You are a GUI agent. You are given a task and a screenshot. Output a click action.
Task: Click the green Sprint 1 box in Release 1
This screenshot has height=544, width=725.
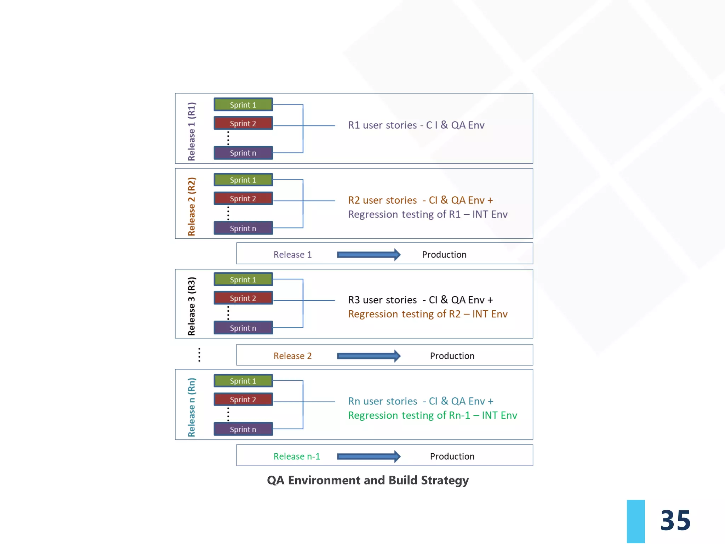tap(243, 105)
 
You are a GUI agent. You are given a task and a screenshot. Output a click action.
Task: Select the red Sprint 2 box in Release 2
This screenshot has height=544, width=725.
tap(243, 198)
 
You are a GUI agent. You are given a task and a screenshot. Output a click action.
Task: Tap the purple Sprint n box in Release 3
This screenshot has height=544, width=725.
tap(243, 328)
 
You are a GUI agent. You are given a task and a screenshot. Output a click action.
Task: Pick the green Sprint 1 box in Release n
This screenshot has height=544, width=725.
tap(243, 381)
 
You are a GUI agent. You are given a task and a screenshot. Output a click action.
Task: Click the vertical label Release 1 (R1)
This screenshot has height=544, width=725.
tap(192, 131)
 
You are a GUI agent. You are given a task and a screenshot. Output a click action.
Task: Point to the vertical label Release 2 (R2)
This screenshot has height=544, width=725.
tap(192, 206)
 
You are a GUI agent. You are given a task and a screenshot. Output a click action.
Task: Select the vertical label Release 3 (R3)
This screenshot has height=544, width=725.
tap(192, 306)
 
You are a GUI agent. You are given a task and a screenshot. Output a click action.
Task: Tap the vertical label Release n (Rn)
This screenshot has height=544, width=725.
tap(192, 407)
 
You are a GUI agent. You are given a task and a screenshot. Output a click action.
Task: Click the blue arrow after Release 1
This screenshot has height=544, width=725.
tap(369, 255)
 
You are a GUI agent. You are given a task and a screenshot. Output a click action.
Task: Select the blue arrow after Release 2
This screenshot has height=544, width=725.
tap(369, 356)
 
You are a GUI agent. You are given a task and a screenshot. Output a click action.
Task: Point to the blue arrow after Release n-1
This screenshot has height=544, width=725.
tap(369, 457)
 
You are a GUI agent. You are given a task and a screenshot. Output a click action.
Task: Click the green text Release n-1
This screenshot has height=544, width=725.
tap(297, 457)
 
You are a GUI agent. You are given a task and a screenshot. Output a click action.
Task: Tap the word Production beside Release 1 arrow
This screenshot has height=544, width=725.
tap(444, 255)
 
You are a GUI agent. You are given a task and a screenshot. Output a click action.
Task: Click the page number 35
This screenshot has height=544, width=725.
tap(675, 520)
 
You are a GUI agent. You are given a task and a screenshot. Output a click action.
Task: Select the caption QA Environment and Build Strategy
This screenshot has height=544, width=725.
tap(367, 480)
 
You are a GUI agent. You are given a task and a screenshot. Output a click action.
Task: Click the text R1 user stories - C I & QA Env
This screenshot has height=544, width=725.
tap(416, 125)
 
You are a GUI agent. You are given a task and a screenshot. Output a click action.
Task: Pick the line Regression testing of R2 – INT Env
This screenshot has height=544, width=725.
tap(428, 314)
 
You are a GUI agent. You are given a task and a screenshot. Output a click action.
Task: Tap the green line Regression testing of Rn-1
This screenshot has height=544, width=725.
tap(432, 415)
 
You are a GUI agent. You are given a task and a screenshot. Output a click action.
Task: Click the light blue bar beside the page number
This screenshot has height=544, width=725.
tap(635, 521)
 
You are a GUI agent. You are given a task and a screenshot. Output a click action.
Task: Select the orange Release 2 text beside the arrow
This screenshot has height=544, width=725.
tap(292, 356)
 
